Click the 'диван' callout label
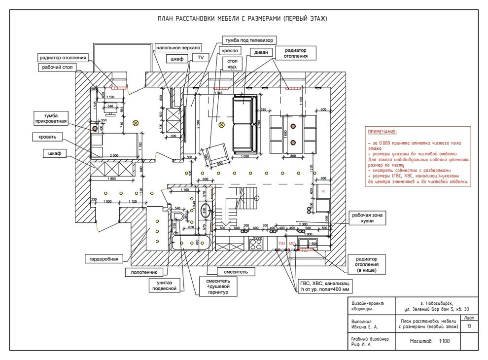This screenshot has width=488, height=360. (x=261, y=52)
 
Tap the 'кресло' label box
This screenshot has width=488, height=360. (x=231, y=50)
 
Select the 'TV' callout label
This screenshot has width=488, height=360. (x=200, y=58)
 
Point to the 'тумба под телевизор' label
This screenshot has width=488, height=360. (x=249, y=39)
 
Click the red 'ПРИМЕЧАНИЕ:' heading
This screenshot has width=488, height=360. (x=382, y=132)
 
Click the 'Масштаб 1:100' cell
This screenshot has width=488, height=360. (x=428, y=341)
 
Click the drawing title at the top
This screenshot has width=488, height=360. (x=242, y=19)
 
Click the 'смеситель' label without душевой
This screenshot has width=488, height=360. (x=238, y=272)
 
